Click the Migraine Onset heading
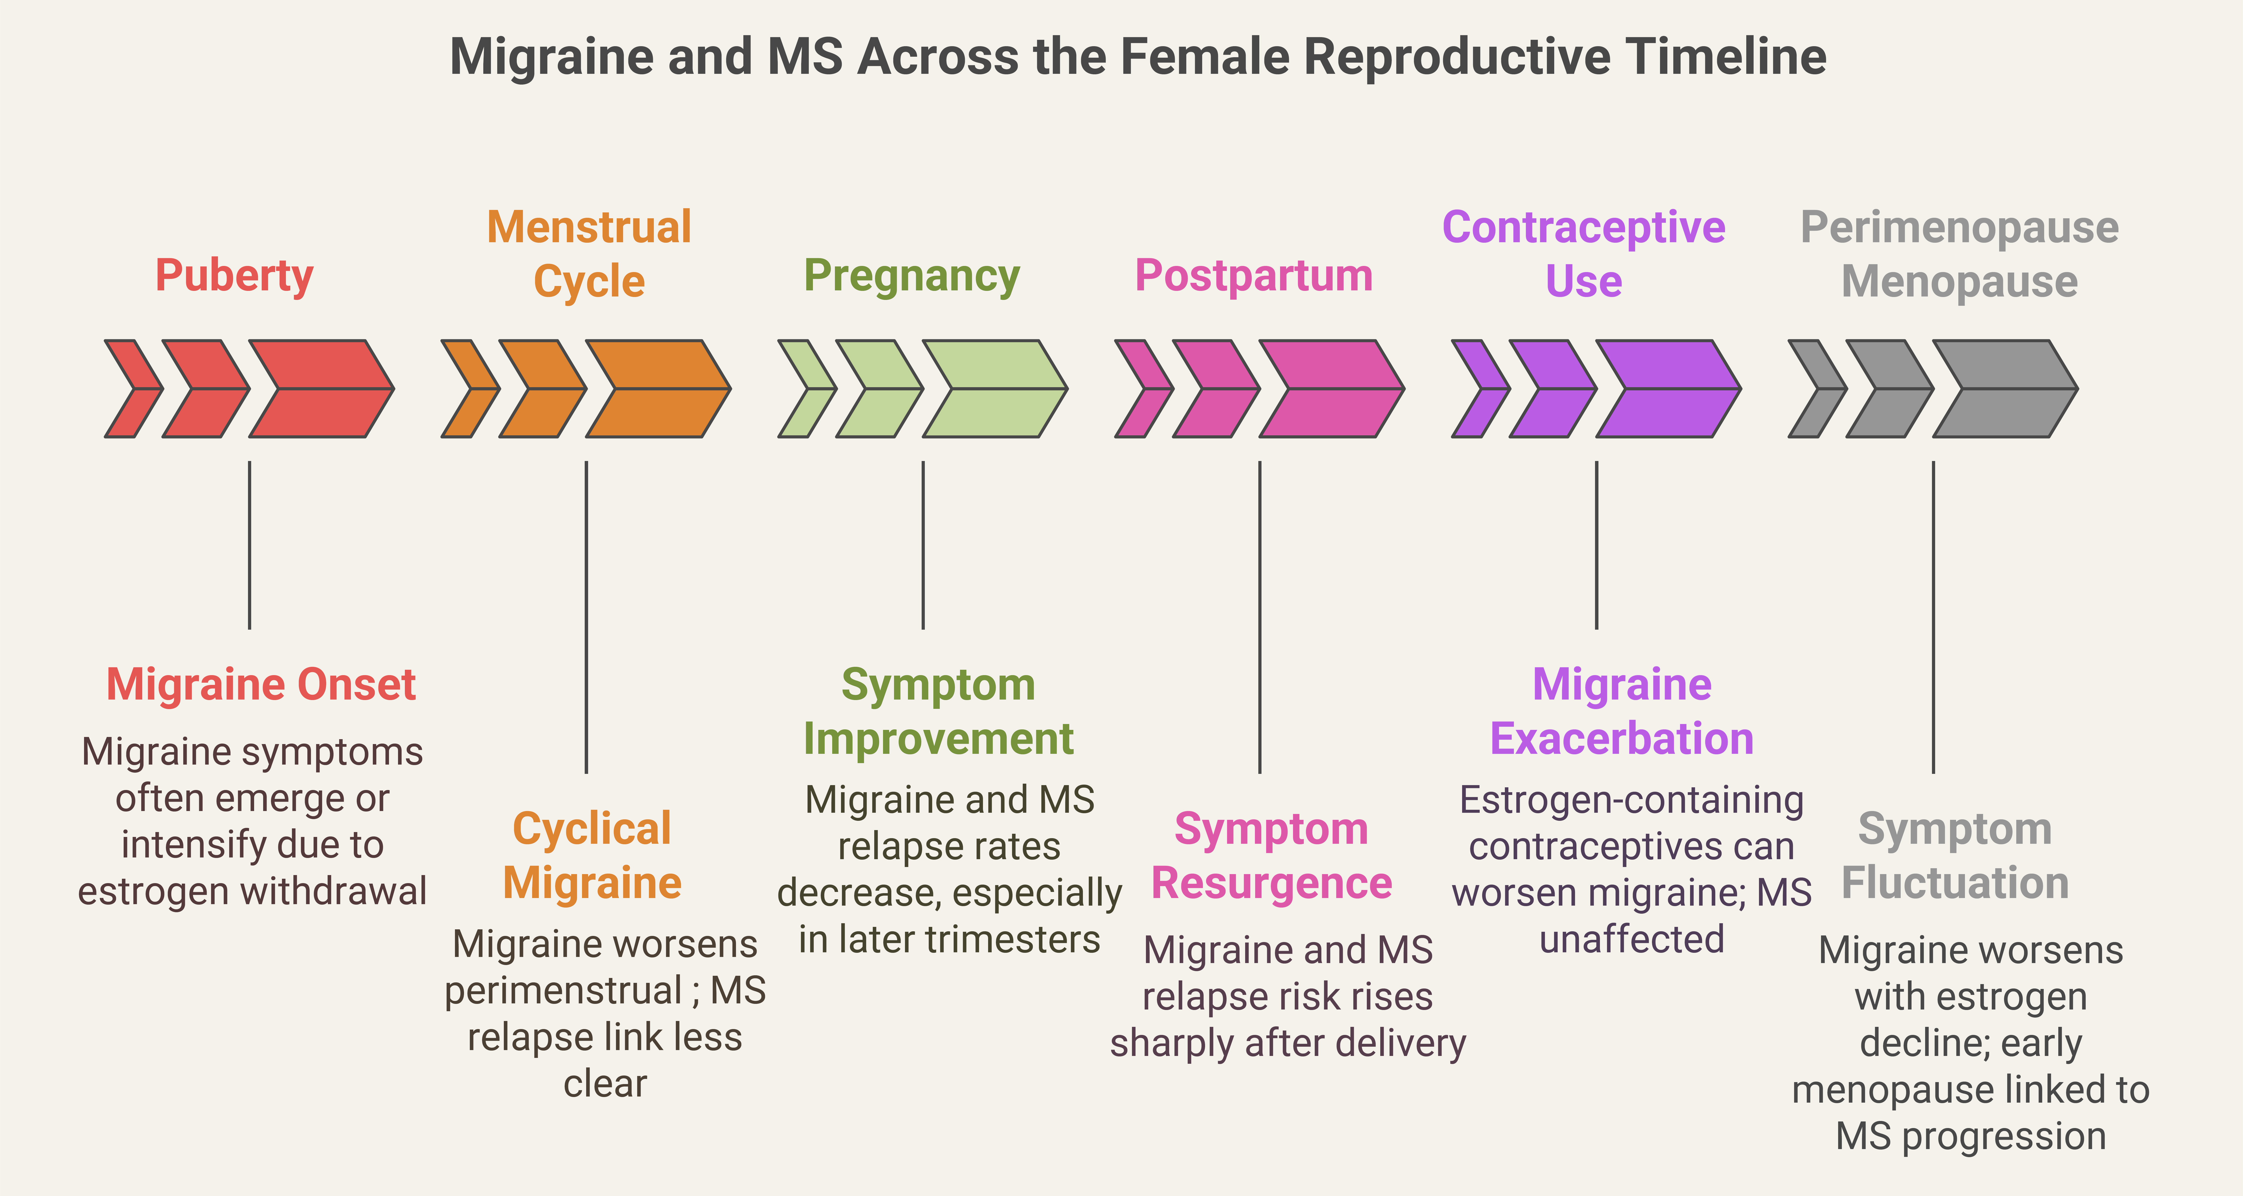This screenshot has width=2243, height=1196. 261,685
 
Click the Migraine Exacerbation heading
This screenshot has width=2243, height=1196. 1621,712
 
